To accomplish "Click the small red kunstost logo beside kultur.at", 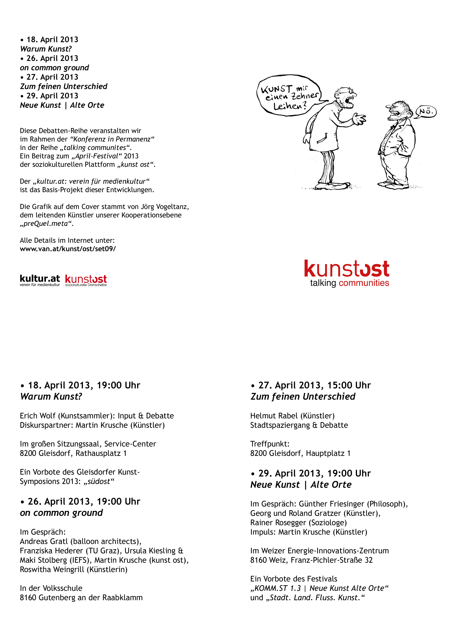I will click(x=86, y=279).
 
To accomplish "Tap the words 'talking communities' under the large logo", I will click(x=349, y=283).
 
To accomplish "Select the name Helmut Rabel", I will click(x=274, y=416).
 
